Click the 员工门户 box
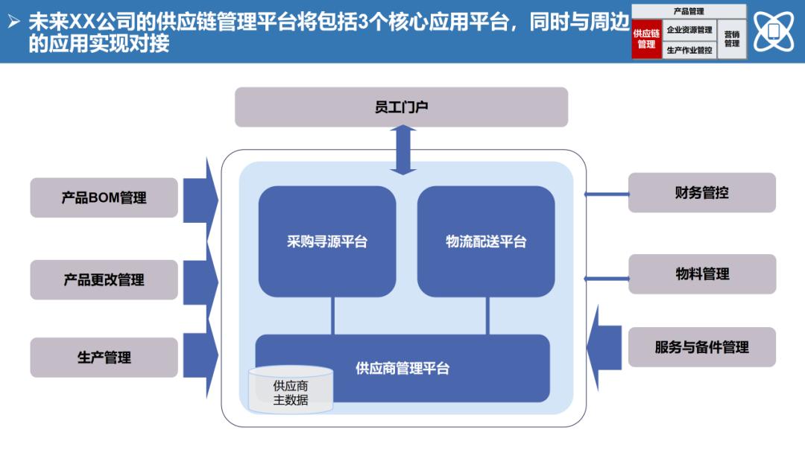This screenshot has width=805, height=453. [401, 107]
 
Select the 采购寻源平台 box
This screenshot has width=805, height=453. [327, 241]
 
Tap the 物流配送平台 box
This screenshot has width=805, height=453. [486, 241]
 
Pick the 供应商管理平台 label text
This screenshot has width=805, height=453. [402, 368]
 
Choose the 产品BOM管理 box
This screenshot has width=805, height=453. [104, 197]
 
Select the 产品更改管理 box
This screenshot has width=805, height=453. [104, 280]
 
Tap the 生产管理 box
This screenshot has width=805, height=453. [104, 358]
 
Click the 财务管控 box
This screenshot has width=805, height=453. [702, 193]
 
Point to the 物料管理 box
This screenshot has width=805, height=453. [702, 274]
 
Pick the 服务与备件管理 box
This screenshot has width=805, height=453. [702, 347]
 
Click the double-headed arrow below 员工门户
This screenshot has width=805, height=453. [403, 150]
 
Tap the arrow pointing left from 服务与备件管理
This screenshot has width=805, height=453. [604, 348]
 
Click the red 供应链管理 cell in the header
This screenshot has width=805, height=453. [646, 39]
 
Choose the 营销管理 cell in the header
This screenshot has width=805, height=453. [732, 39]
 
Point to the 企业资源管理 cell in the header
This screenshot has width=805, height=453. [689, 30]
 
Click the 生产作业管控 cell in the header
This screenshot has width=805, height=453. [689, 51]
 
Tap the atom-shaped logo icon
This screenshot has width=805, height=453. [775, 31]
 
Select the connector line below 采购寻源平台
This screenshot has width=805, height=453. [332, 316]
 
